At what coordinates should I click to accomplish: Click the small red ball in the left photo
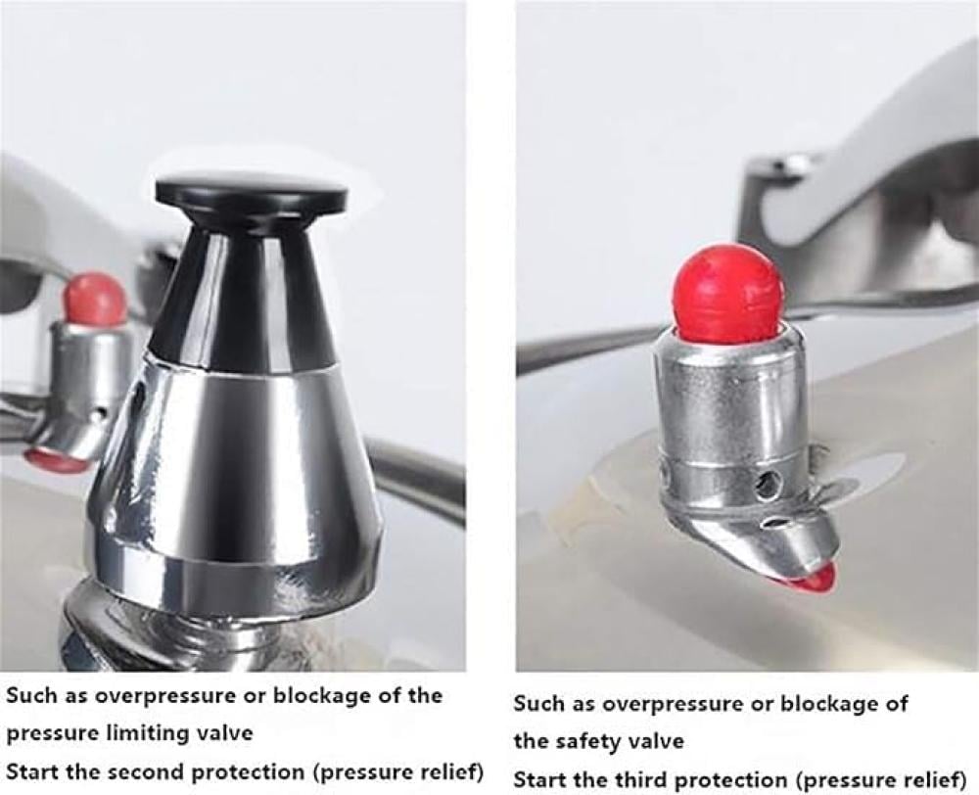pyautogui.click(x=96, y=298)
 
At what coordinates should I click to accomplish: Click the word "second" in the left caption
pyautogui.click(x=146, y=772)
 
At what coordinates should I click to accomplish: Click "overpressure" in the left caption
pyautogui.click(x=165, y=696)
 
